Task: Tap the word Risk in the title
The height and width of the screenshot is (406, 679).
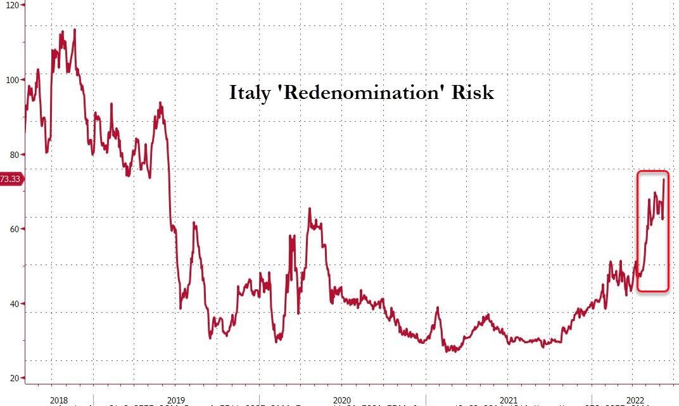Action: click(472, 93)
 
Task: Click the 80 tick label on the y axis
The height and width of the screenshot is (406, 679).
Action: click(11, 155)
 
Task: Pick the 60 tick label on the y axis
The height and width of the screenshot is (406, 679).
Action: click(11, 229)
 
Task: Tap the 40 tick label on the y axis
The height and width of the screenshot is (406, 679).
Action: click(11, 304)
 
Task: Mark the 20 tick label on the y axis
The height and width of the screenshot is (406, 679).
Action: click(11, 379)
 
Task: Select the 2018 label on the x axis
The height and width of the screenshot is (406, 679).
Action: click(58, 400)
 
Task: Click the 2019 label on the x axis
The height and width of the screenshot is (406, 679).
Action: click(176, 400)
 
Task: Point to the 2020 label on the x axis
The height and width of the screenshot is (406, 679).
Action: click(341, 400)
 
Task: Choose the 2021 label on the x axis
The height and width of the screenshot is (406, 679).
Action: click(509, 400)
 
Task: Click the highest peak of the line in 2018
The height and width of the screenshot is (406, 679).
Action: click(75, 29)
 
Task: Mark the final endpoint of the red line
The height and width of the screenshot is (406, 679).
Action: click(663, 180)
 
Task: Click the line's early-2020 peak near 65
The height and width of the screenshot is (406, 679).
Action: click(309, 208)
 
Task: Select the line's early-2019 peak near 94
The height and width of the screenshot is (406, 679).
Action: click(160, 103)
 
